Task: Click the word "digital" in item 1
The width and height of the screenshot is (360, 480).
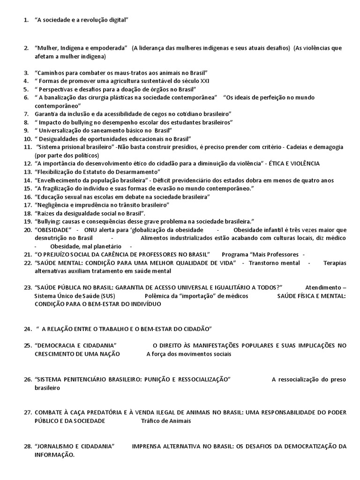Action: [117, 20]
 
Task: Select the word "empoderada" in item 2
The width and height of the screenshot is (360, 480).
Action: [111, 48]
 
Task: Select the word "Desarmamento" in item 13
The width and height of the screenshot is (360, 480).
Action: [135, 172]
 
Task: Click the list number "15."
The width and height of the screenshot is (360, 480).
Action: [27, 188]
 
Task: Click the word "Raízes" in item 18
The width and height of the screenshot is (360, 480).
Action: [46, 213]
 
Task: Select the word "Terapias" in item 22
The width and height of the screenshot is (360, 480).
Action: [335, 263]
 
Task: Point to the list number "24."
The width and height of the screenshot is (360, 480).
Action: [27, 329]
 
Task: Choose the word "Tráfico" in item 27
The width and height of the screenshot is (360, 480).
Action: [150, 420]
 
